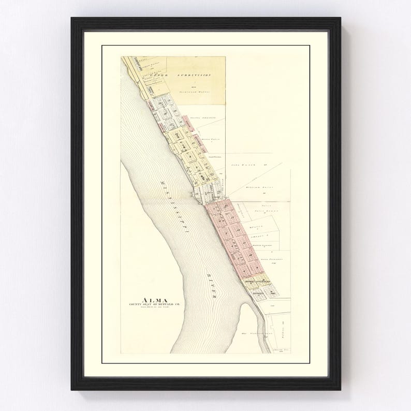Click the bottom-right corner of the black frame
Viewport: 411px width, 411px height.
(x=341, y=391)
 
